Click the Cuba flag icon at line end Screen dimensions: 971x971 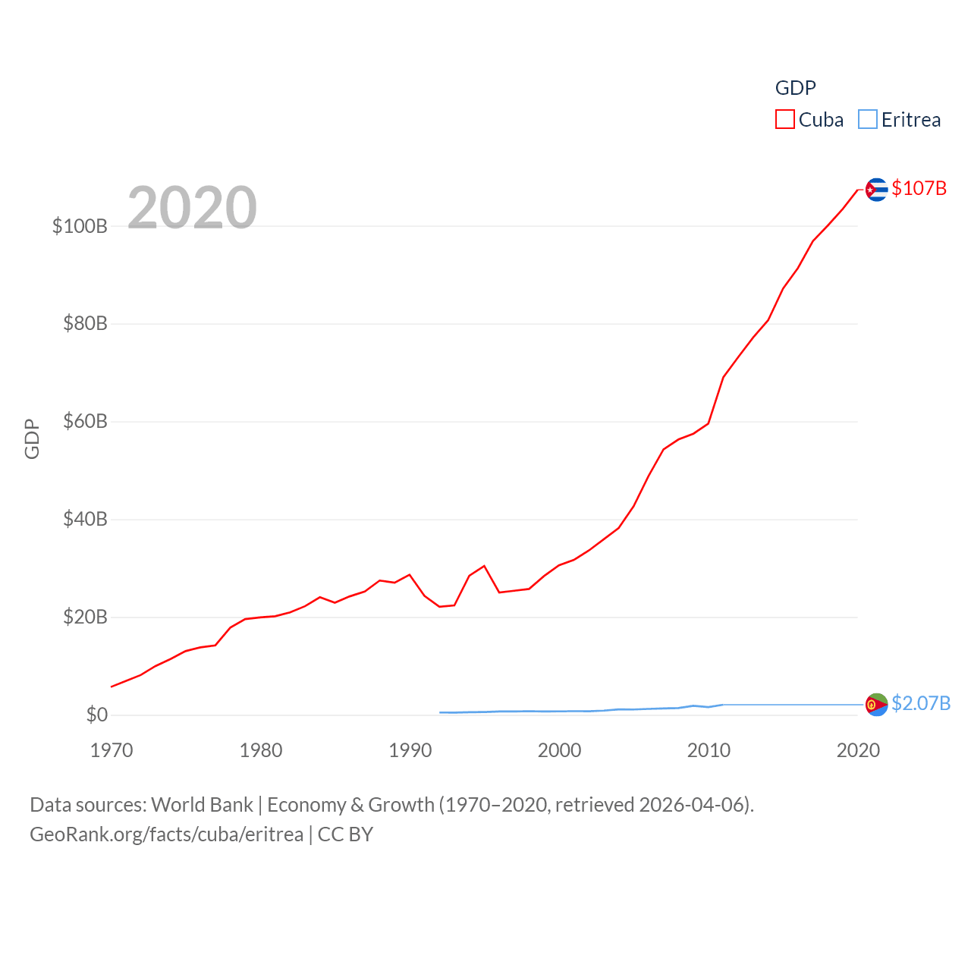876,189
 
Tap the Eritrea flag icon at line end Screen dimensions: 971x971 876,704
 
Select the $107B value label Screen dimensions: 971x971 919,188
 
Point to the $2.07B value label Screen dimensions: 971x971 920,703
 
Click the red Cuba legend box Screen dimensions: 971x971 784,120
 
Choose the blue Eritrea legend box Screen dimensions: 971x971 867,120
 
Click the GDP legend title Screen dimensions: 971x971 795,88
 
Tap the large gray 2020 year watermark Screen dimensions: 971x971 192,207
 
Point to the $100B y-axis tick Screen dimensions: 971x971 80,226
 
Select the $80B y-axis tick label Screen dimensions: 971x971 85,324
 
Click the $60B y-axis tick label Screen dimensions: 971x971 85,421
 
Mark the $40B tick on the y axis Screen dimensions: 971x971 85,519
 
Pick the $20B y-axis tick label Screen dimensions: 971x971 85,617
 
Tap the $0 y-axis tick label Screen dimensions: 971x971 96,715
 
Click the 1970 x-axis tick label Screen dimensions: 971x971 112,750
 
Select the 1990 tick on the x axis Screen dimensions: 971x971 410,750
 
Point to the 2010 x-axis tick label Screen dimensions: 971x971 709,750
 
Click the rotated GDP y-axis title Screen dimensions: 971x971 32,438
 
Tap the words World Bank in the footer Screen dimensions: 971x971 202,804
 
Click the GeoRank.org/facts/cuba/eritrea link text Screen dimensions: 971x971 166,834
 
